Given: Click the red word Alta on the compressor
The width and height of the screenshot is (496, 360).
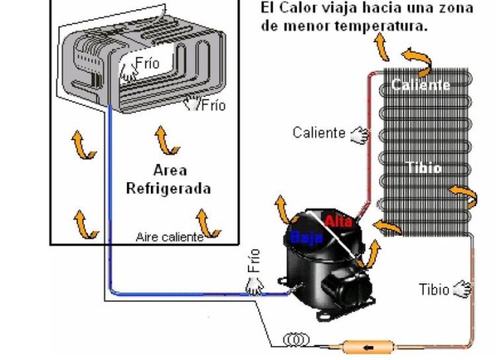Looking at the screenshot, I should pyautogui.click(x=338, y=221).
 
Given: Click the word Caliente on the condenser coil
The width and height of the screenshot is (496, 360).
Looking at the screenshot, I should pyautogui.click(x=420, y=84).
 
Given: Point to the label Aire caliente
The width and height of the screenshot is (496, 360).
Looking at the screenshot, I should pyautogui.click(x=169, y=237).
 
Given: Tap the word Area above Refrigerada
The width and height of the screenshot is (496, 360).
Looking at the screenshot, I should pyautogui.click(x=169, y=170).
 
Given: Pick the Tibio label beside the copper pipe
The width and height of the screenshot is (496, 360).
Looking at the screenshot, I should pyautogui.click(x=433, y=290).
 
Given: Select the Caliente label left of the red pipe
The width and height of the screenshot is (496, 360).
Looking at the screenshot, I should pyautogui.click(x=318, y=133).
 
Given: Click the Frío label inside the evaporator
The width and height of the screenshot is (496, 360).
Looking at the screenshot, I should pyautogui.click(x=147, y=63).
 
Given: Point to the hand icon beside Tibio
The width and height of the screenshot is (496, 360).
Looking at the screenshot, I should pyautogui.click(x=462, y=290).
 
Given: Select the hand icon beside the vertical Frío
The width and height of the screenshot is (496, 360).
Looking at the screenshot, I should pyautogui.click(x=254, y=286).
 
